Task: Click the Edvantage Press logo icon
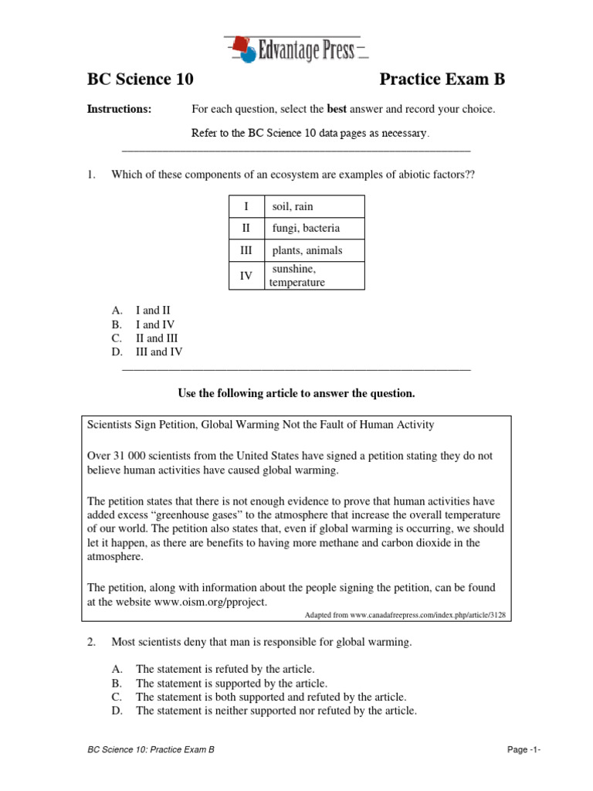point(245,49)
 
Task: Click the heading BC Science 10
point(140,80)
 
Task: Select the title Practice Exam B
point(442,80)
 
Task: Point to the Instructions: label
point(119,110)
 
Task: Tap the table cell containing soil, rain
point(314,206)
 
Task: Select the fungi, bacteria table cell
point(314,229)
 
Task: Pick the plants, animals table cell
point(314,251)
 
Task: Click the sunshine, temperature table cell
point(314,275)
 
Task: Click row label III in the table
point(246,251)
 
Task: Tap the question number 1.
point(90,175)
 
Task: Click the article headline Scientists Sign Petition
point(260,424)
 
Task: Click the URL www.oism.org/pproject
point(203,602)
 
